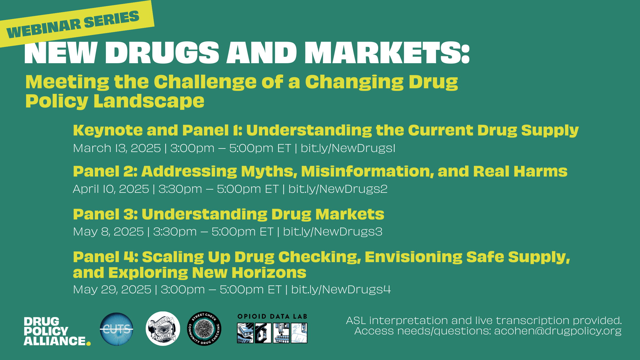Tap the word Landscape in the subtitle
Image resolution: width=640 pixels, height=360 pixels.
point(149,102)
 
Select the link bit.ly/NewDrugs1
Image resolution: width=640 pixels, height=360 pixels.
point(348,148)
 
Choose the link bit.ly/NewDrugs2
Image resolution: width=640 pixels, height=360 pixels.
point(338,189)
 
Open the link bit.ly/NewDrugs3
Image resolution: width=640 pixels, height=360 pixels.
point(333,232)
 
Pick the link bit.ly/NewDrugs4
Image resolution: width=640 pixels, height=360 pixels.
point(341,290)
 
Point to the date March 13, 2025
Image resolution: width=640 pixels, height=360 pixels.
point(117,148)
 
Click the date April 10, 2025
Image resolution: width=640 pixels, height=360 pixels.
point(111,189)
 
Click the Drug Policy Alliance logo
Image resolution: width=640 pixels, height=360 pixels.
point(57,331)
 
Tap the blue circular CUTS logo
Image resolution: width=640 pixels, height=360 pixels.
point(117,329)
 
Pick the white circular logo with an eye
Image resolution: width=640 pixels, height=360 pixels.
point(163,329)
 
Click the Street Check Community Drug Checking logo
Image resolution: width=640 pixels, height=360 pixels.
point(204,329)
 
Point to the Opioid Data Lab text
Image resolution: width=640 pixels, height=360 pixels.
point(272,317)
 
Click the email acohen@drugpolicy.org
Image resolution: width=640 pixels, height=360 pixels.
point(558,331)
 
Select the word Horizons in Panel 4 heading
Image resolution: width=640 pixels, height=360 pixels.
point(269,273)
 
